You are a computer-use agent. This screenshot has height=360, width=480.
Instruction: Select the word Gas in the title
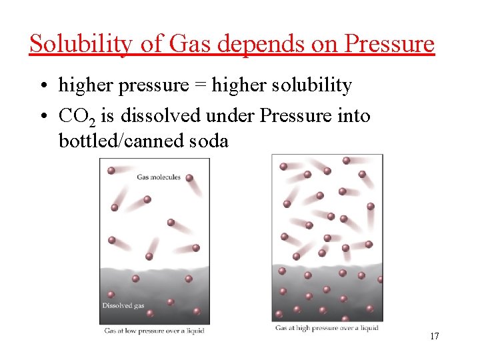(x=189, y=44)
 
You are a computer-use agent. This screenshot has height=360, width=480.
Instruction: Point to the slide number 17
(x=434, y=336)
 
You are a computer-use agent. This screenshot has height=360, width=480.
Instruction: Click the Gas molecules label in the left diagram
(x=158, y=177)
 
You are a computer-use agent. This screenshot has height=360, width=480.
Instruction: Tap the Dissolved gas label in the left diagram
(x=123, y=306)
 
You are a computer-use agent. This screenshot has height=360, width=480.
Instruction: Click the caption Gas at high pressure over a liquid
(x=327, y=328)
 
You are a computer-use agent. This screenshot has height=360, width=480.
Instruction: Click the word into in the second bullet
(x=353, y=115)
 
